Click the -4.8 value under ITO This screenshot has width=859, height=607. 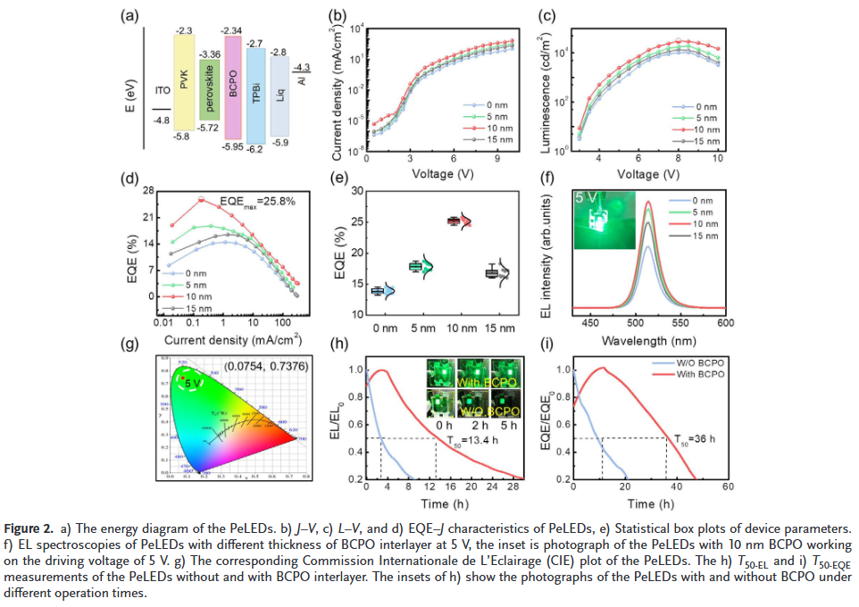pyautogui.click(x=162, y=120)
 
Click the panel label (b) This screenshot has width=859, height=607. pyautogui.click(x=338, y=15)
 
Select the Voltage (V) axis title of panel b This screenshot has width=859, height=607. pyautogui.click(x=440, y=173)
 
